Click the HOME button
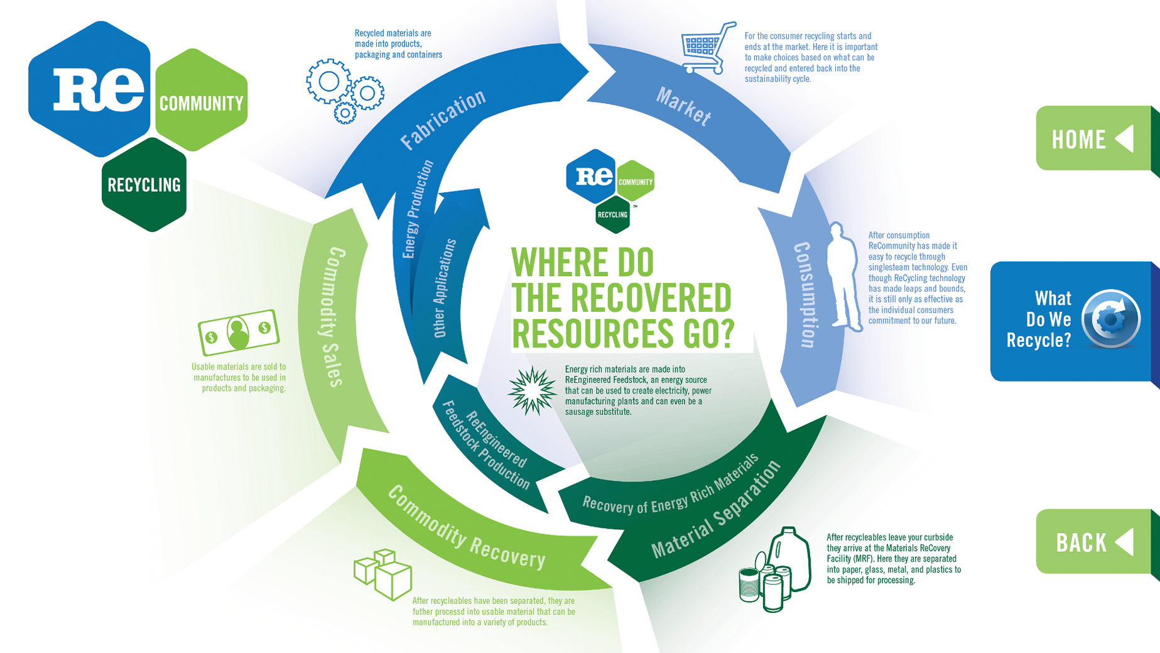[1093, 138]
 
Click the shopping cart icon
[707, 48]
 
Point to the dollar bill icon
[238, 331]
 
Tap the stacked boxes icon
[383, 573]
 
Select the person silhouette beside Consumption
[843, 277]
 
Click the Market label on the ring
[683, 106]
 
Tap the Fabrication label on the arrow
[443, 119]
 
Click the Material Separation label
[716, 510]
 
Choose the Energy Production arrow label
[418, 209]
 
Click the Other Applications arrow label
[444, 288]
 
